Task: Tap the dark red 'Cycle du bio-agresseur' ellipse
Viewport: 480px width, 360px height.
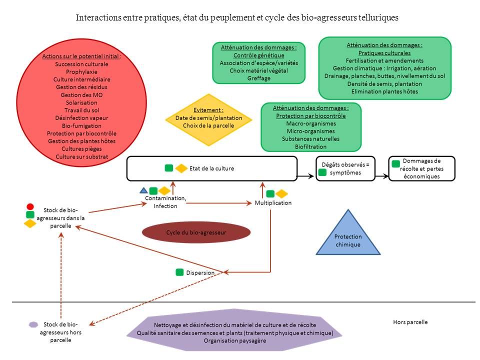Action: pyautogui.click(x=196, y=232)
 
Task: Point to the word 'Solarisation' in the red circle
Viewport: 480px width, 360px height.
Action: pyautogui.click(x=81, y=102)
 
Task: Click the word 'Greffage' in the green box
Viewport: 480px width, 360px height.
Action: pyautogui.click(x=258, y=78)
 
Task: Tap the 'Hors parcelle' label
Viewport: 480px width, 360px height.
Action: pyautogui.click(x=410, y=322)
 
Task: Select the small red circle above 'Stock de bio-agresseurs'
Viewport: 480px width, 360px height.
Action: pyautogui.click(x=30, y=206)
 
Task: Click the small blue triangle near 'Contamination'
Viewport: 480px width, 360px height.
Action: pyautogui.click(x=143, y=190)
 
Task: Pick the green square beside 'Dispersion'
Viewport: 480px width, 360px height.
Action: pyautogui.click(x=179, y=272)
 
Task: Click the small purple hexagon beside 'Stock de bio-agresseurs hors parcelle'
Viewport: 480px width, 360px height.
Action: pyautogui.click(x=33, y=324)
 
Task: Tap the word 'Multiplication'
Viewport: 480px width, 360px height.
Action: pyautogui.click(x=273, y=203)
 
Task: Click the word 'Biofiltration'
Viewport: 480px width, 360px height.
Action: pyautogui.click(x=310, y=146)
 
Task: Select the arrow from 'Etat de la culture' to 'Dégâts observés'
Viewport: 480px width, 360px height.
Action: pyautogui.click(x=306, y=176)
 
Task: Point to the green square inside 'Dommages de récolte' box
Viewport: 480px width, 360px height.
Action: pyautogui.click(x=396, y=163)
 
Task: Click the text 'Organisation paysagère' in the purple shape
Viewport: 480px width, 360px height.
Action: pyautogui.click(x=234, y=340)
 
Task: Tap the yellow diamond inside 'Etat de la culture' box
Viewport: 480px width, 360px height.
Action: pyautogui.click(x=180, y=168)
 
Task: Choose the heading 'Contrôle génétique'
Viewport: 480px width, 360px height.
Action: pyautogui.click(x=258, y=55)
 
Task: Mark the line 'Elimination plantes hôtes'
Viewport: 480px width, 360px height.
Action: pyautogui.click(x=384, y=91)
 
